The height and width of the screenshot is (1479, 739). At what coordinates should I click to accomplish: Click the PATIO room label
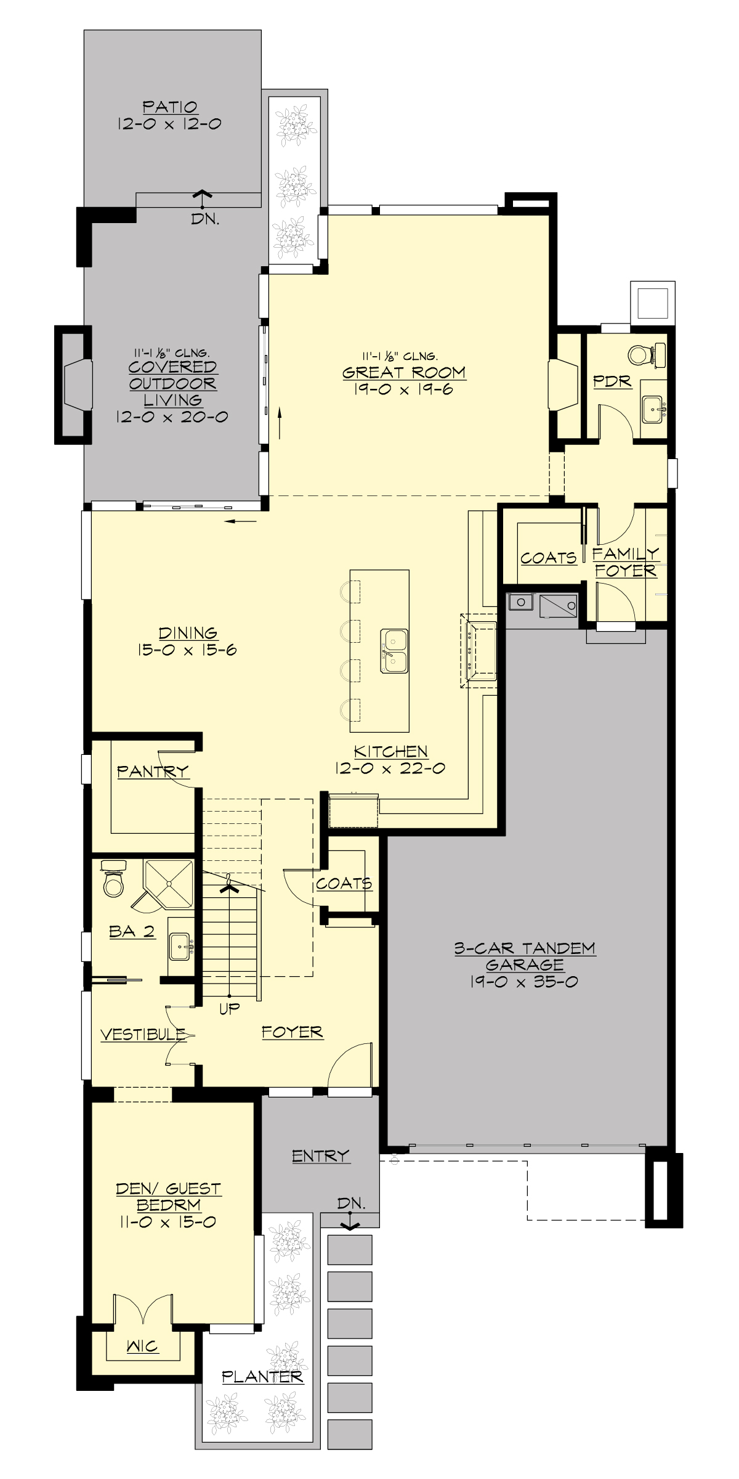[x=170, y=107]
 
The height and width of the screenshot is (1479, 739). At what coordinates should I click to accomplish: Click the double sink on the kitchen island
[x=394, y=651]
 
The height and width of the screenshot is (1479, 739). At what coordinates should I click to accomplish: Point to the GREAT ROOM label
[x=404, y=372]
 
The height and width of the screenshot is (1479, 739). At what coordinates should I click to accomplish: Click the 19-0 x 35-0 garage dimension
[x=524, y=982]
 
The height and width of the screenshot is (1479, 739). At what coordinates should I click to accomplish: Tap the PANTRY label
[x=152, y=771]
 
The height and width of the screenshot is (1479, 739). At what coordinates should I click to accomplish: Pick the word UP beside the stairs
[x=230, y=1009]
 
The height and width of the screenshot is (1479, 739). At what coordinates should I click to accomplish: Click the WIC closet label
[x=142, y=1347]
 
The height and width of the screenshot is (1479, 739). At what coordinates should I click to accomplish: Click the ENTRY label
[x=320, y=1155]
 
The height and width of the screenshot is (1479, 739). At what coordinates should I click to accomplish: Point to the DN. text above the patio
[x=204, y=219]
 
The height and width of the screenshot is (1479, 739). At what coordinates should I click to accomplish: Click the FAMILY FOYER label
[x=625, y=562]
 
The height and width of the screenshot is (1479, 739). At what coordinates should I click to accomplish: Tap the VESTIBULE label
[x=143, y=1034]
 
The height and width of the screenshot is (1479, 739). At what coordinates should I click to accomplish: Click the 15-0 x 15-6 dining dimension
[x=187, y=650]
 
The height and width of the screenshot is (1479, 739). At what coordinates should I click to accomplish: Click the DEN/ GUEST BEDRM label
[x=168, y=1197]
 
